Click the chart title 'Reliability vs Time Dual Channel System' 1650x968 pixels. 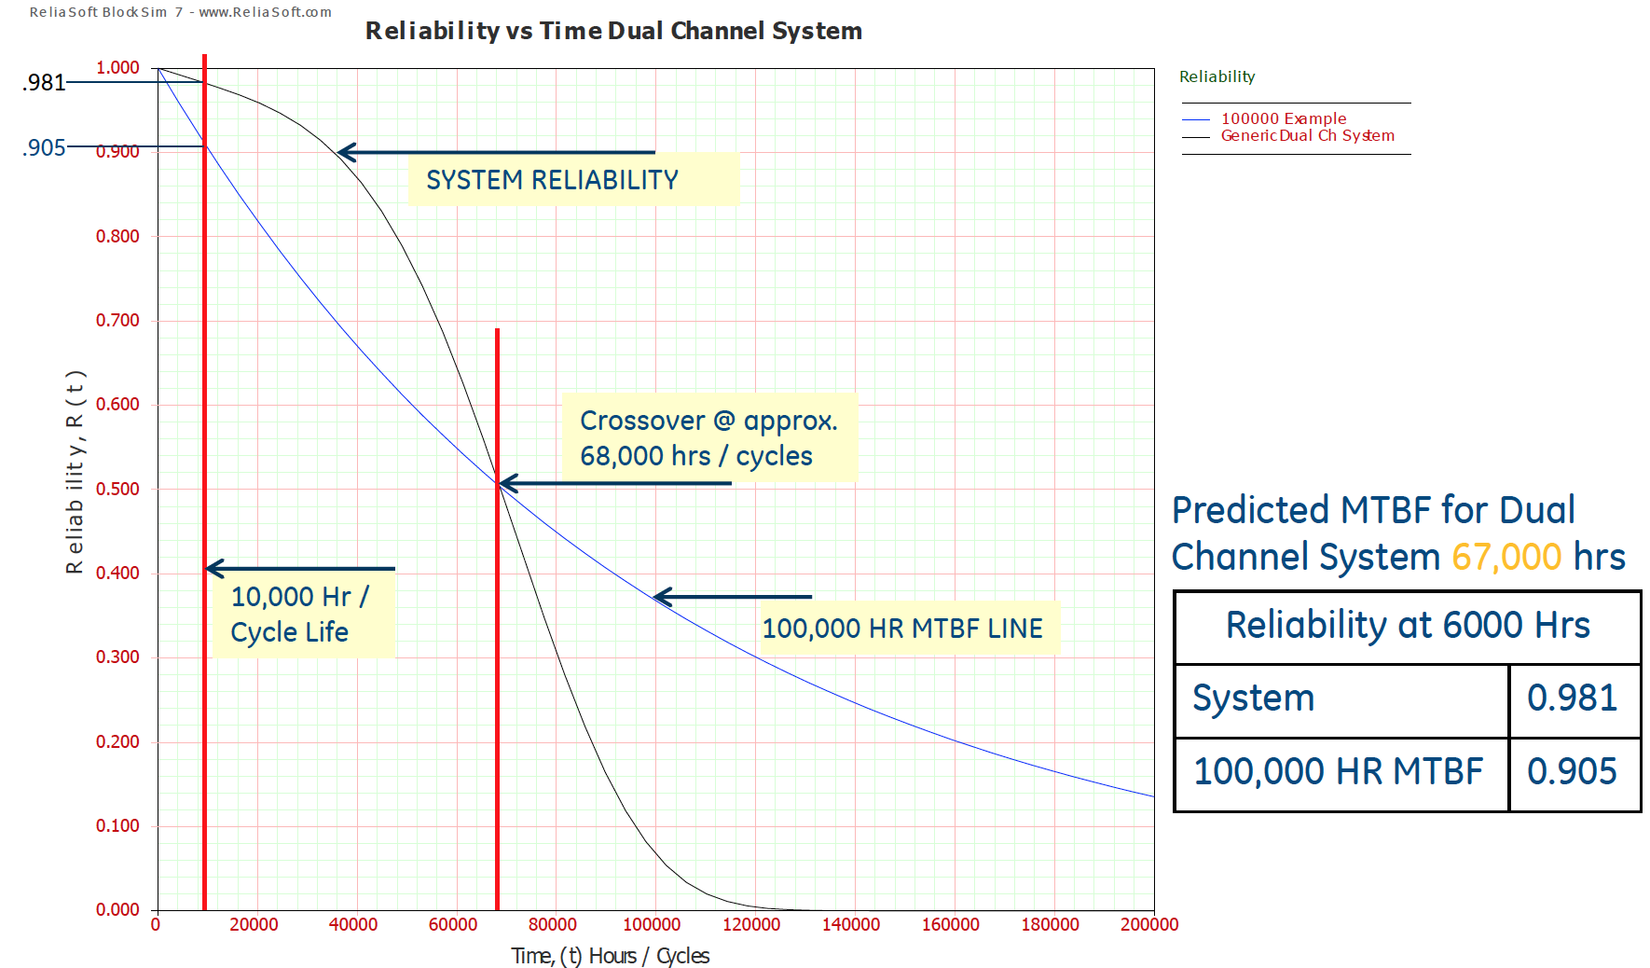pos(613,31)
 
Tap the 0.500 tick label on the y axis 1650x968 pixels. pos(117,489)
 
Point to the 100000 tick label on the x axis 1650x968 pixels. pos(652,924)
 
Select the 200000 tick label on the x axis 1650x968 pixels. pos(1148,924)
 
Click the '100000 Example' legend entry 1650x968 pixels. pos(1283,118)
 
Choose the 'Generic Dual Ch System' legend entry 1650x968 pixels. pos(1307,136)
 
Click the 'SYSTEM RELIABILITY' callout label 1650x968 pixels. pos(552,180)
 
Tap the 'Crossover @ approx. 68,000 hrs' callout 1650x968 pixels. pos(708,437)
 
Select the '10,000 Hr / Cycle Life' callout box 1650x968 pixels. pos(300,614)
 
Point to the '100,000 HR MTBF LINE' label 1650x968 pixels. pos(902,629)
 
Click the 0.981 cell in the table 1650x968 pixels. pos(1572,698)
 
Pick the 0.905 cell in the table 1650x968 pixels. pos(1572,772)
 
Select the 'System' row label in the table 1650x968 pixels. pos(1253,698)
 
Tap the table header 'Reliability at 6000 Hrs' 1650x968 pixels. pos(1407,626)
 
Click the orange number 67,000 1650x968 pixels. pos(1506,558)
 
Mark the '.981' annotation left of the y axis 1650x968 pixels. pos(44,83)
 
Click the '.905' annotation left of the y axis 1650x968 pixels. pos(44,148)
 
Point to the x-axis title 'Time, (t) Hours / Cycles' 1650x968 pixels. pos(610,956)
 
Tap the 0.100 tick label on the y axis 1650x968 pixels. pos(117,825)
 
